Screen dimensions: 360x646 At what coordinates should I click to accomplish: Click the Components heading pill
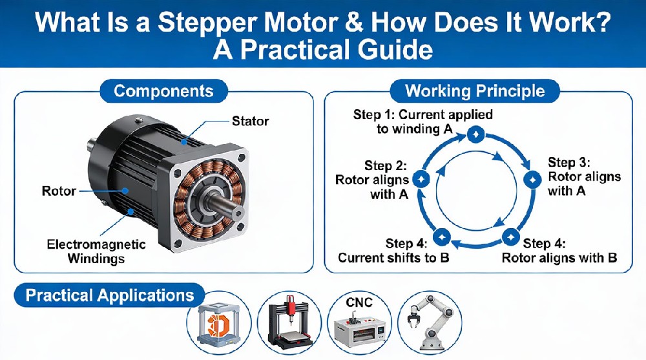pos(163,90)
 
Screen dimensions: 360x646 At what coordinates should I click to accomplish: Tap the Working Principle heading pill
pos(475,90)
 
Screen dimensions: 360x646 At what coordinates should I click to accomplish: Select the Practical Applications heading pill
pos(110,295)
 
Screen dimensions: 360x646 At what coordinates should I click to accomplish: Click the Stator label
pos(250,121)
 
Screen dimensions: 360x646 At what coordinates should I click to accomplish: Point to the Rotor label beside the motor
pos(59,191)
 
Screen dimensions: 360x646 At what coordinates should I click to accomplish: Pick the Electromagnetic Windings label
pos(96,252)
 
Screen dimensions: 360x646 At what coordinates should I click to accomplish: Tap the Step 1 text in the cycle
pos(422,122)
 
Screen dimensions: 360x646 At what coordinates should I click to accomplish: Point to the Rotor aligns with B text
pos(559,251)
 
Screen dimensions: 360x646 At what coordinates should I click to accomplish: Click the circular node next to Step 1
pos(475,134)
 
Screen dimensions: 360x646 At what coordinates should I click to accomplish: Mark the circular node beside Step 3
pos(532,179)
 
